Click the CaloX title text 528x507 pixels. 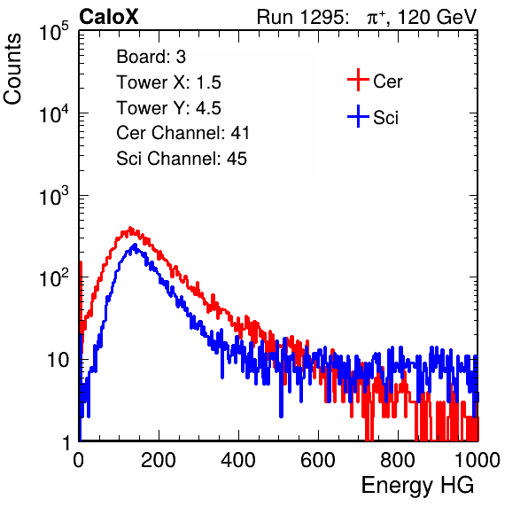(108, 17)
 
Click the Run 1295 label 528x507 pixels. (302, 17)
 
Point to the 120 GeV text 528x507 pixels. (438, 17)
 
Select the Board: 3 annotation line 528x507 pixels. (151, 57)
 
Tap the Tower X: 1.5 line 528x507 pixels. (168, 82)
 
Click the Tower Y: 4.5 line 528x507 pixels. (168, 108)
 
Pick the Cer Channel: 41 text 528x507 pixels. (182, 133)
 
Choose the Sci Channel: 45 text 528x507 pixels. (182, 159)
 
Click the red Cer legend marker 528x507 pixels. (358, 80)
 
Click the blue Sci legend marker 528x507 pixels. (358, 117)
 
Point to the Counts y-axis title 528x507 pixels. (12, 69)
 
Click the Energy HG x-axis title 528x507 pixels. (417, 486)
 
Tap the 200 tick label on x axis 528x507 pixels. (159, 460)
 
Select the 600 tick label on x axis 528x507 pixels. (318, 460)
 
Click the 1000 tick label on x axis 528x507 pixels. (478, 460)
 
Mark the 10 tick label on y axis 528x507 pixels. (58, 360)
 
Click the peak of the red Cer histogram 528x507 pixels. (130, 228)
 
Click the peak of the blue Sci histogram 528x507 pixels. (135, 245)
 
